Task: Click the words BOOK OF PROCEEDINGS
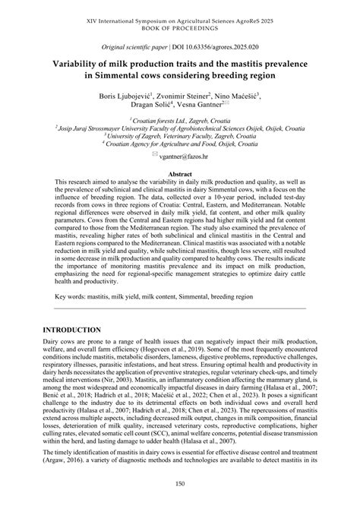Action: (180, 16)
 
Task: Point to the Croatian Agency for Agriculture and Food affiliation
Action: (182, 143)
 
